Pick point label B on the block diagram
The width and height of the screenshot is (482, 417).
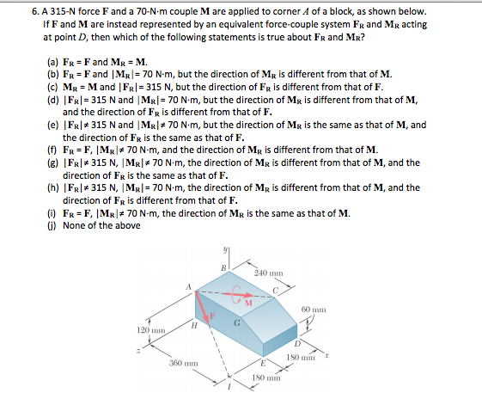point(223,267)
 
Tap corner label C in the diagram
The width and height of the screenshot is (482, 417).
point(276,289)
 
